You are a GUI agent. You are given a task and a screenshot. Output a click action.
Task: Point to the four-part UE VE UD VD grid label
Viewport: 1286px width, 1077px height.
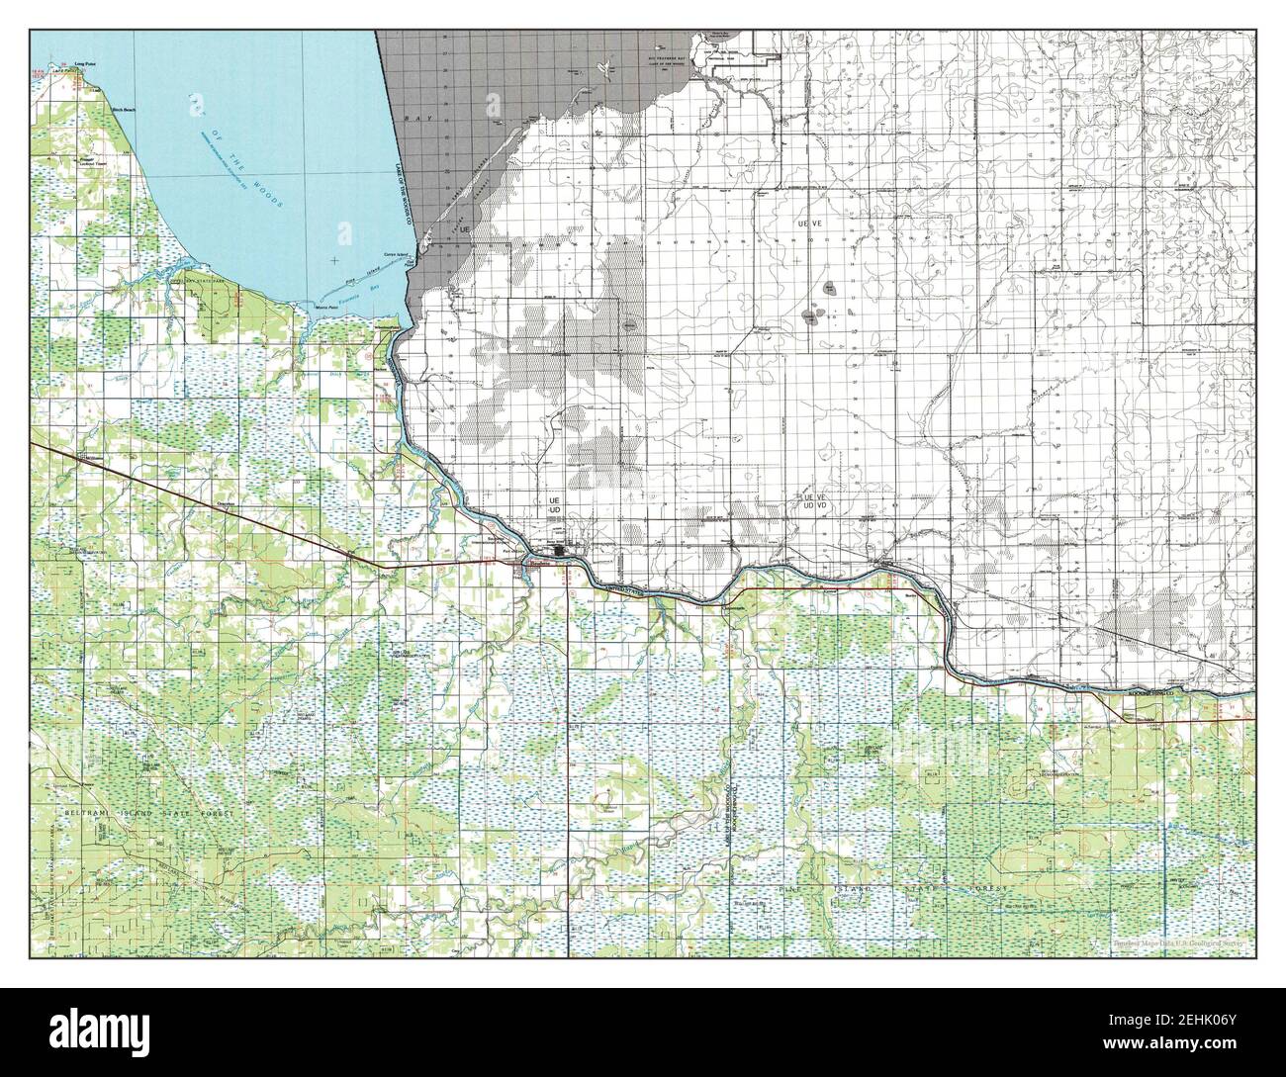click(814, 501)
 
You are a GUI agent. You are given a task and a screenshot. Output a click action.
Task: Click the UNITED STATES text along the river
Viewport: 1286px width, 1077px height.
click(624, 589)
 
